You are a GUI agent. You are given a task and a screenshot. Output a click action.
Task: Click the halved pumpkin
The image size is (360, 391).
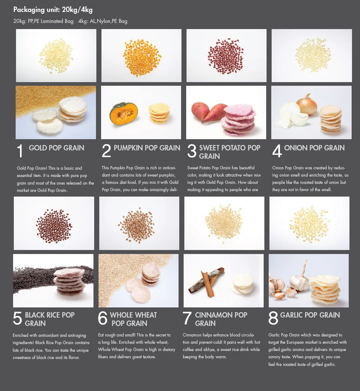tap(124, 113)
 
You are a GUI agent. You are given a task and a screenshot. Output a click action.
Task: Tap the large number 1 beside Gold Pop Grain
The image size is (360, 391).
tap(20, 151)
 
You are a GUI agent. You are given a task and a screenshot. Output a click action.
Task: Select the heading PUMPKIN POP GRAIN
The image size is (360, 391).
tap(147, 148)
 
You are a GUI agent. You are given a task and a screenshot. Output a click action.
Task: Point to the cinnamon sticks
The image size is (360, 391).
tap(207, 282)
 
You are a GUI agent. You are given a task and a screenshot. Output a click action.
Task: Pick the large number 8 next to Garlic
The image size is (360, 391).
tap(273, 318)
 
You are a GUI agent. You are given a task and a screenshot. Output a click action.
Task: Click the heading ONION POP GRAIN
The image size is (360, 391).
tap(314, 148)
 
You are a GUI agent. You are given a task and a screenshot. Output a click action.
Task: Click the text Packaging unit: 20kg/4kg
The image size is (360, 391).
tap(53, 10)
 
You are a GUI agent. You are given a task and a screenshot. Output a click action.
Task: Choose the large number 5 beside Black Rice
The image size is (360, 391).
tap(17, 318)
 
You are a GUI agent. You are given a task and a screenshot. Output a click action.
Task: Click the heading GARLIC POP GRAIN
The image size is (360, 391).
tap(310, 315)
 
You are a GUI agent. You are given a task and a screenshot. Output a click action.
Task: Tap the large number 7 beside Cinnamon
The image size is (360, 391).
tap(187, 318)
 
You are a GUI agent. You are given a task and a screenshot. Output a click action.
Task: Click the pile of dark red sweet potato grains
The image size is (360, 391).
tap(226, 56)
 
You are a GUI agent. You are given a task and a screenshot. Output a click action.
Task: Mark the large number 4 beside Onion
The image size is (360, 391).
tap(277, 151)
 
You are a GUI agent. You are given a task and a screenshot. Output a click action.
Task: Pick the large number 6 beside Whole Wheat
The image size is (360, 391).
tap(103, 318)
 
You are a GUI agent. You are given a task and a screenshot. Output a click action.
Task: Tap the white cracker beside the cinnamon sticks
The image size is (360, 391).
tap(243, 284)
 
